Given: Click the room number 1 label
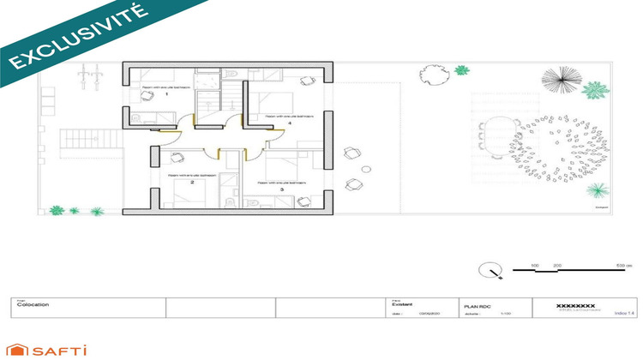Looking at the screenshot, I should (166, 93).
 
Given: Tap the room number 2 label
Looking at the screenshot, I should (192, 183).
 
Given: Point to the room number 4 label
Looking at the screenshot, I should (290, 123).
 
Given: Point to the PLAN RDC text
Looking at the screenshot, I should (478, 304).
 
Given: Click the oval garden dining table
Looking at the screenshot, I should (497, 143).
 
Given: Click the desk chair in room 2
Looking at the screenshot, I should (177, 156).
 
